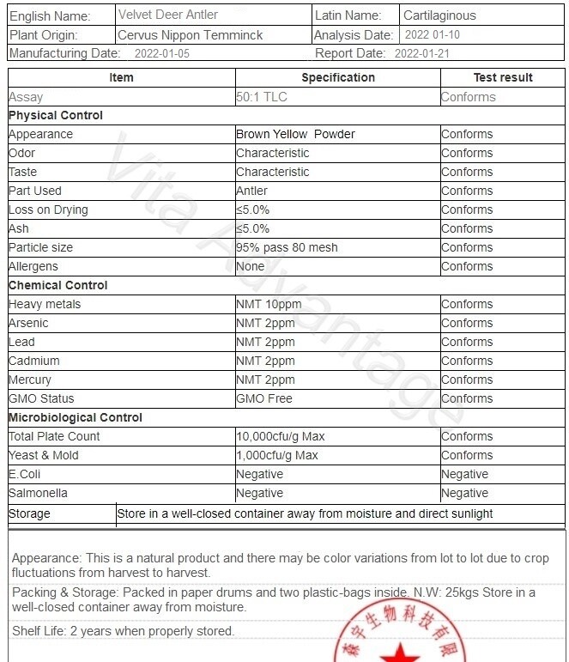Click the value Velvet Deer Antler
coord(168,15)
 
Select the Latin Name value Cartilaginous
coord(439,15)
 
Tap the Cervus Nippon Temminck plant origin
coord(191,35)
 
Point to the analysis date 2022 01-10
coord(432,35)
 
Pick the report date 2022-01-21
coord(421,53)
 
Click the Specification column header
coord(338,77)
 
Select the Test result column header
coord(503,77)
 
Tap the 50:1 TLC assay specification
coord(262,97)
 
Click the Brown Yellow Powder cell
coord(295,134)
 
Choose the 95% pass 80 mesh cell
coord(287,247)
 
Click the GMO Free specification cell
coord(264,398)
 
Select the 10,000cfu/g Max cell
coord(281,436)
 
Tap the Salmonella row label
coord(38,493)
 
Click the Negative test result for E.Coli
coord(464,474)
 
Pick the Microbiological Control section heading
coord(76,417)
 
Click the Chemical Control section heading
coord(58,285)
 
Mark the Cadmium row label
coord(33,361)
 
